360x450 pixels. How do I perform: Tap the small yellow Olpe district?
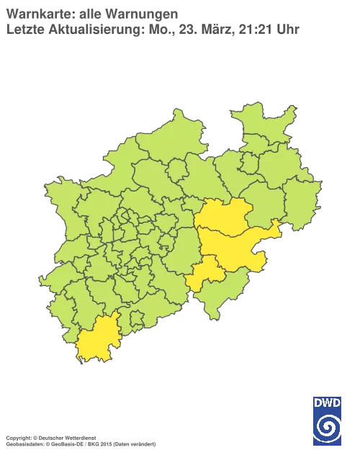coord(206,274)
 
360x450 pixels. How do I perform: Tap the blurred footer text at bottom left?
coord(79,438)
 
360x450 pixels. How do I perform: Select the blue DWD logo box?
coord(328,417)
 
